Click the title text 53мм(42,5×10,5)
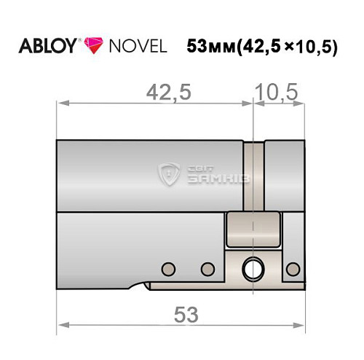[262, 47]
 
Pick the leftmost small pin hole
[170, 267]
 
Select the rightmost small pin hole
[293, 267]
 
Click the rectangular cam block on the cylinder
[253, 230]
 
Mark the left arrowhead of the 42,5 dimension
[61, 104]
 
